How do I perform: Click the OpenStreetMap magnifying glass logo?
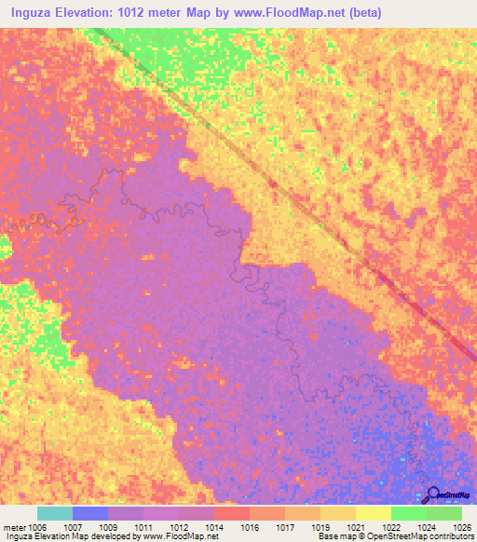pos(431,495)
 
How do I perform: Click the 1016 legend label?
pos(251,526)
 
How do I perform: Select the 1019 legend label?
pos(321,526)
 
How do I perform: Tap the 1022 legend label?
pos(392,526)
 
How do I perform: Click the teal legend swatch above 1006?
pos(55,513)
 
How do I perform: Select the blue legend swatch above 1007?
pos(90,513)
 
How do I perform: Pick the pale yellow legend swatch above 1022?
pos(374,513)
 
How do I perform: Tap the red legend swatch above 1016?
pos(232,513)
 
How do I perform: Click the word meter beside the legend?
pos(16,526)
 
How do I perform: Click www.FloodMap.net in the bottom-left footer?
pos(176,536)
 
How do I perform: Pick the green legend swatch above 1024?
pos(409,513)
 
